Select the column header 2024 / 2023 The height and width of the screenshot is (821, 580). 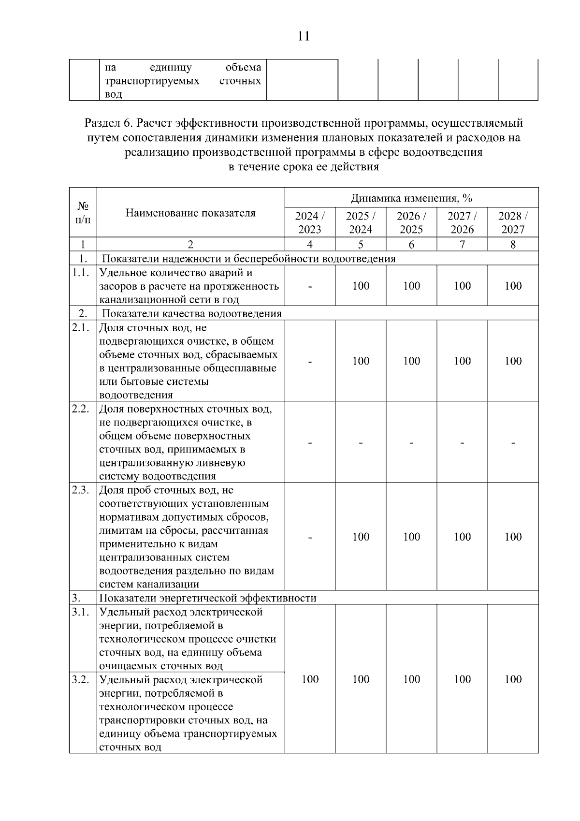[310, 222]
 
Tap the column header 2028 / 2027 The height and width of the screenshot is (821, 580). [513, 222]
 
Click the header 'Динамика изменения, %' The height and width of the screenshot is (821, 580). [411, 198]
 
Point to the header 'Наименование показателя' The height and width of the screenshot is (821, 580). [190, 213]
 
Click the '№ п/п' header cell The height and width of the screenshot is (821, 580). [83, 213]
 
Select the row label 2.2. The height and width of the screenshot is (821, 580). [81, 409]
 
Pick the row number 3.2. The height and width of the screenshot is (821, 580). [81, 679]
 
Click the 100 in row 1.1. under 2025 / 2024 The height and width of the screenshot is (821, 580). [361, 286]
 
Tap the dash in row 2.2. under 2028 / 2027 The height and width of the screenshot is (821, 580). [513, 442]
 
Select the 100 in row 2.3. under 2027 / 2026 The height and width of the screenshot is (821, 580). [462, 537]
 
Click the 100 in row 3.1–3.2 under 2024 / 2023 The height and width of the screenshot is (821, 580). [310, 679]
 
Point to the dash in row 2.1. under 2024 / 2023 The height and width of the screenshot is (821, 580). [310, 361]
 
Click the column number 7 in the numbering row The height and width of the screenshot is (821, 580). [462, 245]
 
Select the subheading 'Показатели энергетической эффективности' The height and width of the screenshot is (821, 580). [209, 598]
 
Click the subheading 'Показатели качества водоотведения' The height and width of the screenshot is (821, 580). [191, 313]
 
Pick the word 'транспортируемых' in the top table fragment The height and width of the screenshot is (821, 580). [152, 81]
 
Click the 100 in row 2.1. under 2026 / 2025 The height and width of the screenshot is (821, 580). [411, 361]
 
